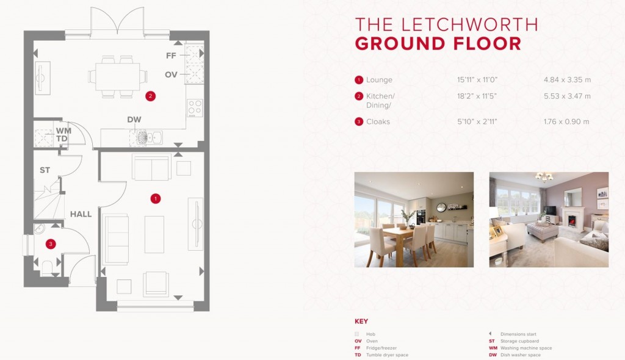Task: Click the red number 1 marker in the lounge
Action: pyautogui.click(x=156, y=198)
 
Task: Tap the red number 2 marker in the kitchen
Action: pyautogui.click(x=150, y=96)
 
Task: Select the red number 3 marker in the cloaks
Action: pyautogui.click(x=51, y=244)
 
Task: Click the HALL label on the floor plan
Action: pyautogui.click(x=81, y=214)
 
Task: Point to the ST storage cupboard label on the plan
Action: pyautogui.click(x=45, y=170)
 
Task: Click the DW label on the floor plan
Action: pyautogui.click(x=134, y=120)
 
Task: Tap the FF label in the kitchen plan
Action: pyautogui.click(x=172, y=56)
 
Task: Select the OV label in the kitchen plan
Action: pyautogui.click(x=172, y=74)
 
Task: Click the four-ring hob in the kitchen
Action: pyautogui.click(x=195, y=107)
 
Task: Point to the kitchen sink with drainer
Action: pyautogui.click(x=146, y=138)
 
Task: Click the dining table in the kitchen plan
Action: pyautogui.click(x=117, y=76)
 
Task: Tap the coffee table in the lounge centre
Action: pyautogui.click(x=154, y=234)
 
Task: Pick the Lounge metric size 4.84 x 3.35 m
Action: pyautogui.click(x=567, y=80)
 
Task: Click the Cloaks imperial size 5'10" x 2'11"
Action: pyautogui.click(x=477, y=121)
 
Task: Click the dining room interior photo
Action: pyautogui.click(x=414, y=220)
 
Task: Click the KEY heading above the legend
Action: pyautogui.click(x=361, y=322)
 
